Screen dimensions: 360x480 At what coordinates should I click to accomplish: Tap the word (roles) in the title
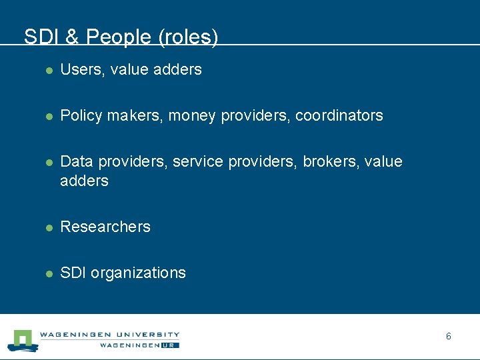pyautogui.click(x=188, y=37)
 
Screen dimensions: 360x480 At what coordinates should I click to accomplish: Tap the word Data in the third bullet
pyautogui.click(x=75, y=162)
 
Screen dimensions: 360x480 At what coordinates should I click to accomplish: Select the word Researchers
pyautogui.click(x=105, y=227)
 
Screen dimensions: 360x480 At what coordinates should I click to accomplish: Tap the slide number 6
pyautogui.click(x=449, y=336)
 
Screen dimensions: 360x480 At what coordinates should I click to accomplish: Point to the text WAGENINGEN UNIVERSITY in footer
pyautogui.click(x=109, y=334)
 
